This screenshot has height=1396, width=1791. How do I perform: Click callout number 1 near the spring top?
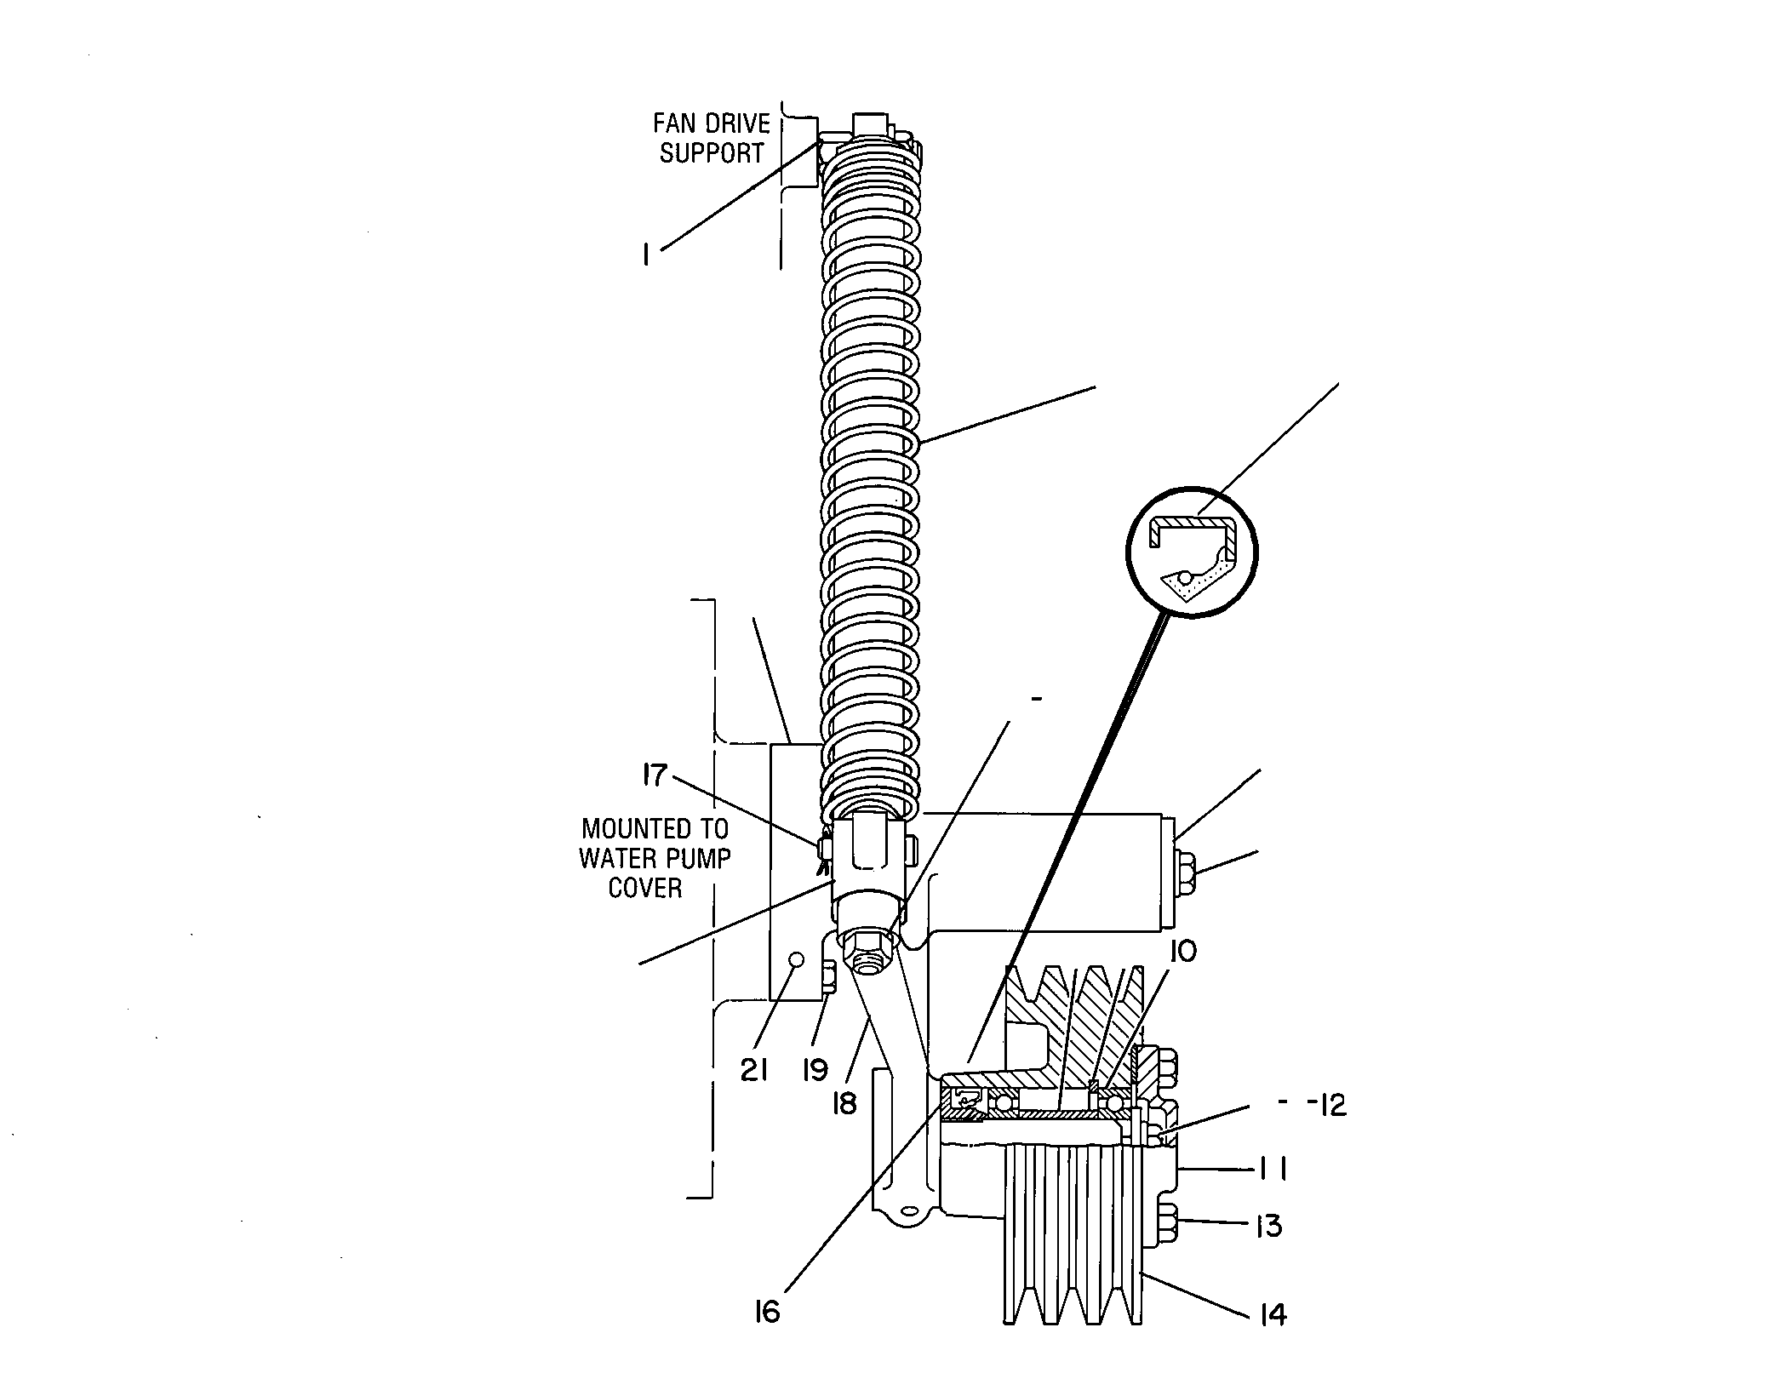647,255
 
